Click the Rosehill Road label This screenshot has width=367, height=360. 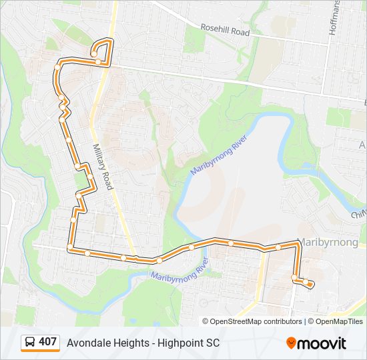pyautogui.click(x=225, y=30)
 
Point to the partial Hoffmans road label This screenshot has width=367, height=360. pyautogui.click(x=334, y=18)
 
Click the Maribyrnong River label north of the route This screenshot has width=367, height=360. pyautogui.click(x=219, y=155)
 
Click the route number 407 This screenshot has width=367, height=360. pyautogui.click(x=47, y=342)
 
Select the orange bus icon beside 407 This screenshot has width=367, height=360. pyautogui.click(x=30, y=343)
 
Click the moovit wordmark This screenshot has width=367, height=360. pyautogui.click(x=322, y=343)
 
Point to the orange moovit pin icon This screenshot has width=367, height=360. pyautogui.click(x=292, y=343)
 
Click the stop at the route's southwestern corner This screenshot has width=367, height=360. pyautogui.click(x=70, y=247)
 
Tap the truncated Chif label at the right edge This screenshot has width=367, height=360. pyautogui.click(x=359, y=214)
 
